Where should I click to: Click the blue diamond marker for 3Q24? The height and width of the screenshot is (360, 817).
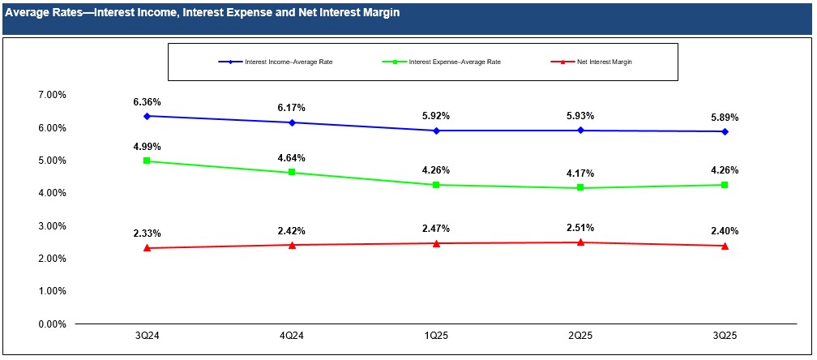[x=147, y=116]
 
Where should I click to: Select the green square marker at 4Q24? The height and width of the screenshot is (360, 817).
[x=291, y=173]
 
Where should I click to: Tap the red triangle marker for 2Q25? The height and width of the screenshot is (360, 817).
[x=580, y=242]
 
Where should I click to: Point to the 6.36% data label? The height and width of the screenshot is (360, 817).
[x=147, y=102]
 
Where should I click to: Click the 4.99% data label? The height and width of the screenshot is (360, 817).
[x=147, y=147]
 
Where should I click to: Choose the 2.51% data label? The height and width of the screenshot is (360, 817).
[x=580, y=228]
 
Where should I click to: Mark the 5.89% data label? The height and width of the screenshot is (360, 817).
[x=725, y=118]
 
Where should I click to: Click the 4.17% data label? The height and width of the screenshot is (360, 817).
[x=580, y=174]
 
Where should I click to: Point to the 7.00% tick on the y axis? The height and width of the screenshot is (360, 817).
[x=52, y=95]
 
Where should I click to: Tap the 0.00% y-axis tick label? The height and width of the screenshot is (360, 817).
[x=52, y=324]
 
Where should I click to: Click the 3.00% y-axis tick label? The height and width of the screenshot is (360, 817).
[x=52, y=226]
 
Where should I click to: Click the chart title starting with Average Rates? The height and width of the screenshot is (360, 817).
[x=202, y=14]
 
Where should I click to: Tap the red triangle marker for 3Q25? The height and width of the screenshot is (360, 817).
[x=725, y=246]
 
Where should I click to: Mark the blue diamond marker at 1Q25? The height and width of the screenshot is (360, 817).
[x=436, y=131]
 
